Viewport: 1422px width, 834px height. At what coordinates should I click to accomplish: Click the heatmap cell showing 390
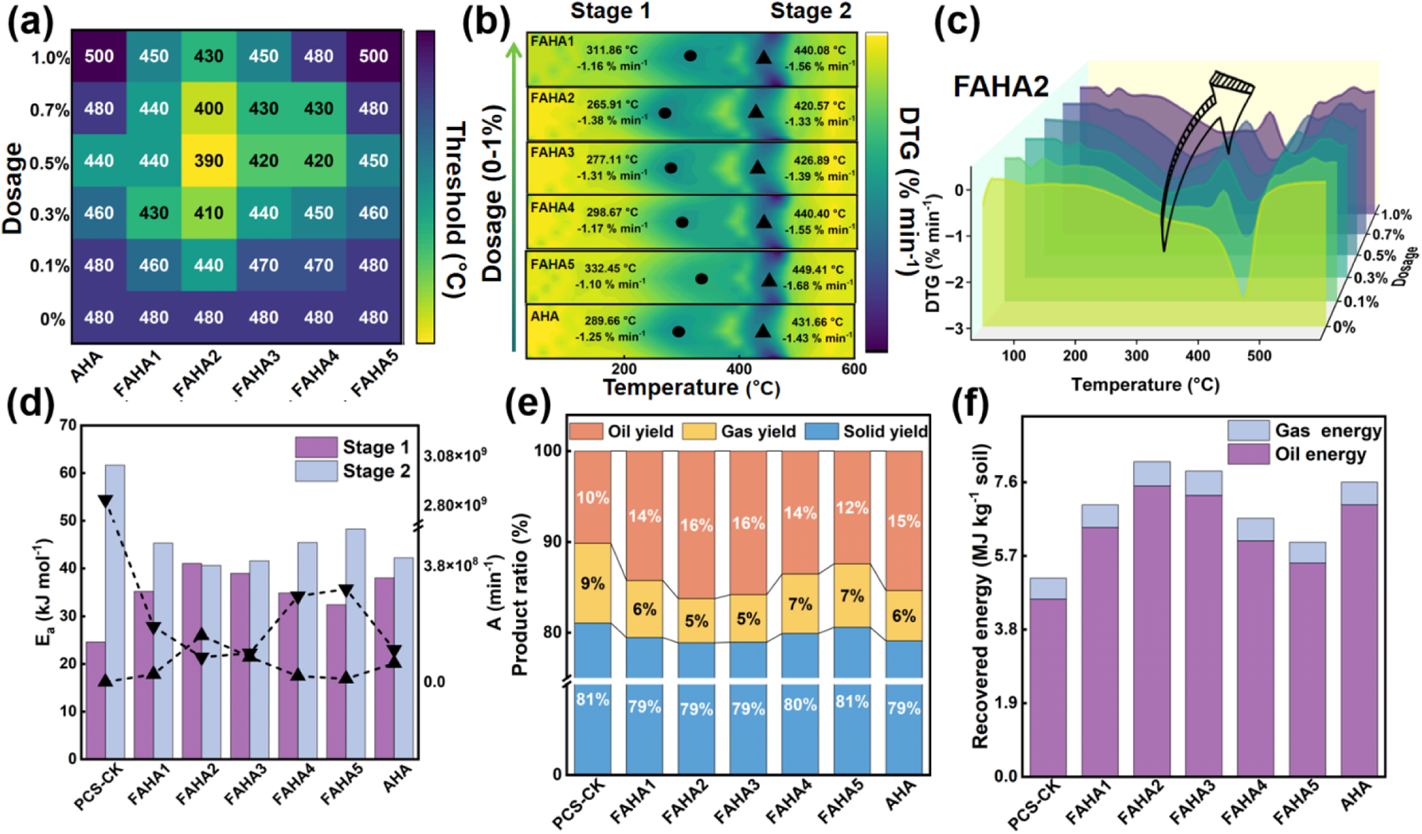(x=209, y=160)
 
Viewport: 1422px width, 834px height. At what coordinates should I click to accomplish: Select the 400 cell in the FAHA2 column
(x=209, y=108)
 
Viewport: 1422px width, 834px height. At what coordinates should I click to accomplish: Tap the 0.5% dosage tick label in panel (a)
(x=50, y=162)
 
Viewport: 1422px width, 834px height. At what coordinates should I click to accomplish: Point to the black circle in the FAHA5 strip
(x=701, y=279)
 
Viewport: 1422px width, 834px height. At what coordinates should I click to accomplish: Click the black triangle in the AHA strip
(x=763, y=331)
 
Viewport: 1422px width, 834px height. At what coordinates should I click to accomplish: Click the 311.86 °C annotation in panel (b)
(x=611, y=50)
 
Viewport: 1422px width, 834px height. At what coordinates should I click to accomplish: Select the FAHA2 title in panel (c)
(x=1001, y=87)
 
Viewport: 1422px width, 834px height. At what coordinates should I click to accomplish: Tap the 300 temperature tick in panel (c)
(x=1136, y=355)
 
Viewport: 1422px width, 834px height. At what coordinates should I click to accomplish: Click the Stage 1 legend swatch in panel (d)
(x=316, y=447)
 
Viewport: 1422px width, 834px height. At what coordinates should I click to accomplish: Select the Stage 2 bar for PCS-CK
(x=115, y=612)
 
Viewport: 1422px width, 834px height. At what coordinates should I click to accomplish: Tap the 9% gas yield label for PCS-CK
(x=593, y=583)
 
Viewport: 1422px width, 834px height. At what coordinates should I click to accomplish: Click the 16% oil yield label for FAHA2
(x=697, y=525)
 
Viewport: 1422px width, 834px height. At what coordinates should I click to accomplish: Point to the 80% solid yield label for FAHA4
(x=800, y=705)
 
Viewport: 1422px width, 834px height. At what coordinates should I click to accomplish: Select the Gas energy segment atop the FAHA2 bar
(x=1151, y=474)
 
